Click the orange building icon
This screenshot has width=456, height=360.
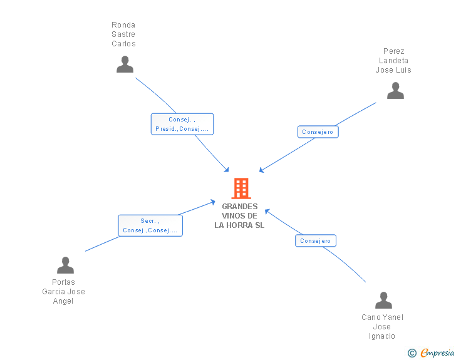(x=241, y=188)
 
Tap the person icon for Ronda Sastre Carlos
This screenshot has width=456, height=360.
(x=125, y=64)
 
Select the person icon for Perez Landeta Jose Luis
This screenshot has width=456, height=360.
(x=395, y=90)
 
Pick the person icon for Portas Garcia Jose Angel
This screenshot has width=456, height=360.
(x=65, y=265)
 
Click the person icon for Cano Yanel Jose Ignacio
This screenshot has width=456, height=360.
(x=383, y=300)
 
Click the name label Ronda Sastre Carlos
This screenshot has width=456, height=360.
(x=123, y=34)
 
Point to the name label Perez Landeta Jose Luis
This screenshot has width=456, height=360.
(x=393, y=61)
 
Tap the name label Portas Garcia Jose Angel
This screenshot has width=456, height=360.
(x=63, y=291)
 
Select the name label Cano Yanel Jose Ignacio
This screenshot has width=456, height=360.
(x=382, y=327)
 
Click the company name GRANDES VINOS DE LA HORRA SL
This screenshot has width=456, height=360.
(x=240, y=216)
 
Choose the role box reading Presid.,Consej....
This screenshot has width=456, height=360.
(x=182, y=124)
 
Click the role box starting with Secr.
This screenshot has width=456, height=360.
(x=150, y=225)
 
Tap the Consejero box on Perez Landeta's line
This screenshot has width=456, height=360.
(x=318, y=131)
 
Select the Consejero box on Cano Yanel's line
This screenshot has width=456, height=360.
(x=316, y=241)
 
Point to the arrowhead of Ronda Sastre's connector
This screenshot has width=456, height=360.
(x=227, y=170)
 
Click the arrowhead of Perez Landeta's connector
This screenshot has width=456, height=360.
(x=261, y=170)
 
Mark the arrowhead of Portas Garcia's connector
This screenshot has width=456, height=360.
(x=213, y=202)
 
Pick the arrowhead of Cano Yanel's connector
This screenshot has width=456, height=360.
(x=267, y=211)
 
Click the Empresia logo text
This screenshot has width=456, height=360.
(x=437, y=352)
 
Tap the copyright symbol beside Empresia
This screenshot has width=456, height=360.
(x=412, y=353)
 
